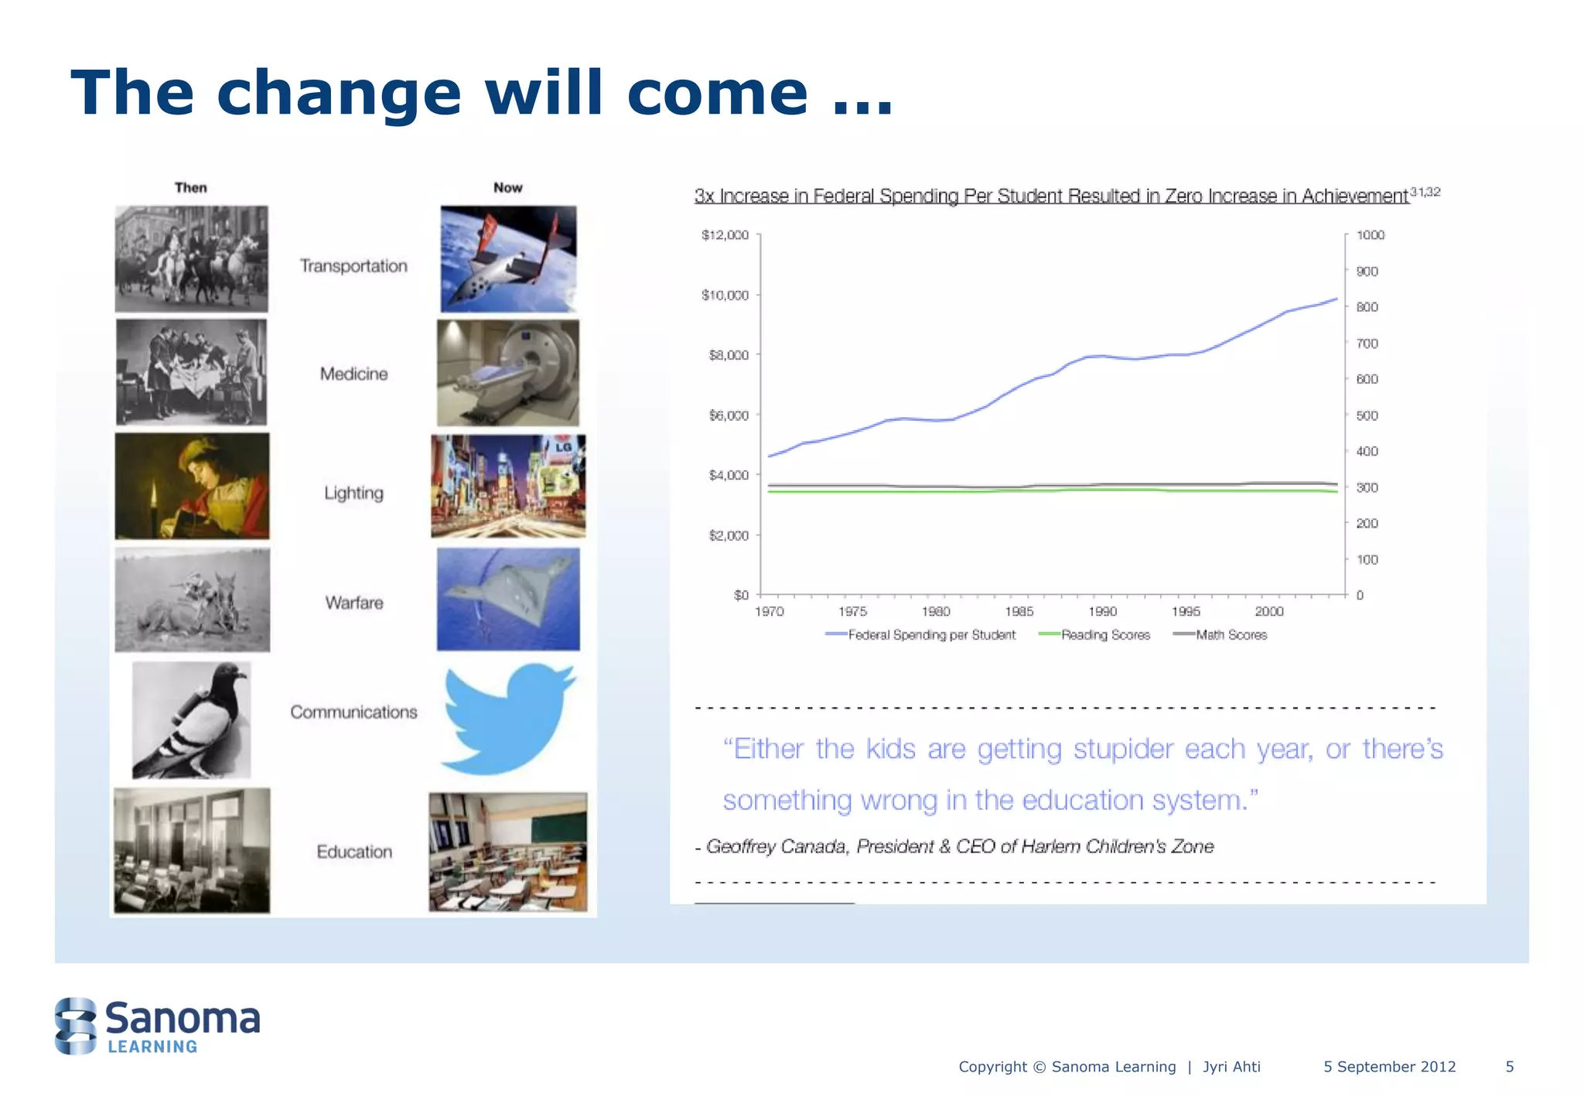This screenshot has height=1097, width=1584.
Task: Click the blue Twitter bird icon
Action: coord(507,719)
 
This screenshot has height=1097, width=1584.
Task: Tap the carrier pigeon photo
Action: coord(191,720)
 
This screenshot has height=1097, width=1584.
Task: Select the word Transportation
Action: coord(353,266)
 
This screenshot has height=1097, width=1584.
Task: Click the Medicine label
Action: coord(353,374)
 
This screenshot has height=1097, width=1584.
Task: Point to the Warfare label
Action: coord(353,603)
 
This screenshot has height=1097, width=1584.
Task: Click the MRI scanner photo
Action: coord(507,373)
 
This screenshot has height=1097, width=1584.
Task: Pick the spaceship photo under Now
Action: coord(508,259)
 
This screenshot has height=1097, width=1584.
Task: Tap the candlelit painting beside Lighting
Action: coord(192,486)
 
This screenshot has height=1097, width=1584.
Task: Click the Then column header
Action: coord(190,187)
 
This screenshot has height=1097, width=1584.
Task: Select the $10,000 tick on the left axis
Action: coord(725,295)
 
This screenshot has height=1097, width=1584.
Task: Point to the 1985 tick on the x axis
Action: coord(1019,611)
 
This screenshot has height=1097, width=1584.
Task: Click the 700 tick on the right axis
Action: coord(1367,343)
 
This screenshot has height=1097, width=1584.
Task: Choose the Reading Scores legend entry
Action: coord(1104,635)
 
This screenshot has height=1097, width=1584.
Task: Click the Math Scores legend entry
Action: coord(1231,635)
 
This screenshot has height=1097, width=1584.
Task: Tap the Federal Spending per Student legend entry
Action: coord(930,635)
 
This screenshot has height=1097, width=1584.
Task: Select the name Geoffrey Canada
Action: coord(776,846)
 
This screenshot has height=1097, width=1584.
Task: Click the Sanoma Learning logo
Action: coord(158,1026)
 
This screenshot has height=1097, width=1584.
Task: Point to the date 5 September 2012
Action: coord(1389,1067)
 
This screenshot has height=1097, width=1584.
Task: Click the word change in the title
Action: coord(339,93)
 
